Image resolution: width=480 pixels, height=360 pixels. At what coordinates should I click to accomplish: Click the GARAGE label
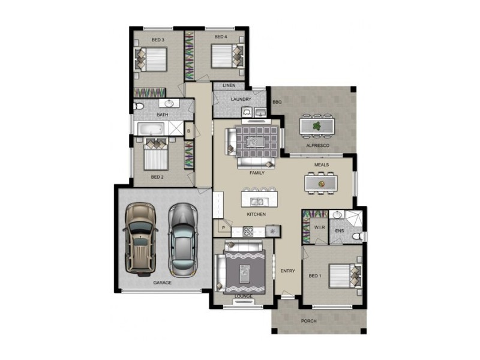coord(162,282)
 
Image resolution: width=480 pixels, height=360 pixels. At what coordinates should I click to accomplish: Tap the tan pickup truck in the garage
coord(140,237)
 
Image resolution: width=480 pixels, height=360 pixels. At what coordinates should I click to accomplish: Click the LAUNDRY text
coord(241,99)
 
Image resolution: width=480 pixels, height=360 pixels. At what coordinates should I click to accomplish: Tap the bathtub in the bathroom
coord(151,128)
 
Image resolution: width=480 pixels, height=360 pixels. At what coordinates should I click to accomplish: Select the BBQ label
coord(277,103)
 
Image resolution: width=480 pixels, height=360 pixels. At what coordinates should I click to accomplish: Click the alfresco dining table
coord(317,125)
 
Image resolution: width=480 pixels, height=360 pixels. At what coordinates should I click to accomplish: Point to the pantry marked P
coord(223,228)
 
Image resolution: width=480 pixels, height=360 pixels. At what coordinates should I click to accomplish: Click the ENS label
coord(339,230)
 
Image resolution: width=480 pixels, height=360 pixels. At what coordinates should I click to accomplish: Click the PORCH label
coord(308,321)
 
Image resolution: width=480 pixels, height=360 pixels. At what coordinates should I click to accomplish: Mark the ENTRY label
coord(287,271)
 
